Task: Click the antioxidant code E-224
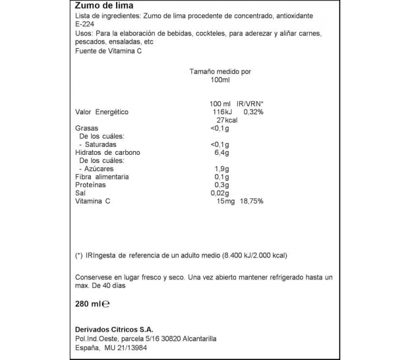coord(86,25)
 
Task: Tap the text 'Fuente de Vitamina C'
coord(109,51)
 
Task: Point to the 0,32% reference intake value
coord(252,111)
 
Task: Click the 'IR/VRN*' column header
coord(247,103)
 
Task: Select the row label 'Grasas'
coord(87,128)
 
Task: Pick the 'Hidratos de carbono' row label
coord(108,152)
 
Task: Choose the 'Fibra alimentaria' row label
coord(102,176)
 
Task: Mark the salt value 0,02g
coord(220,193)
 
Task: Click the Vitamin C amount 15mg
coord(225,201)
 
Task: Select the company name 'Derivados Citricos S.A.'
coord(114,330)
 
